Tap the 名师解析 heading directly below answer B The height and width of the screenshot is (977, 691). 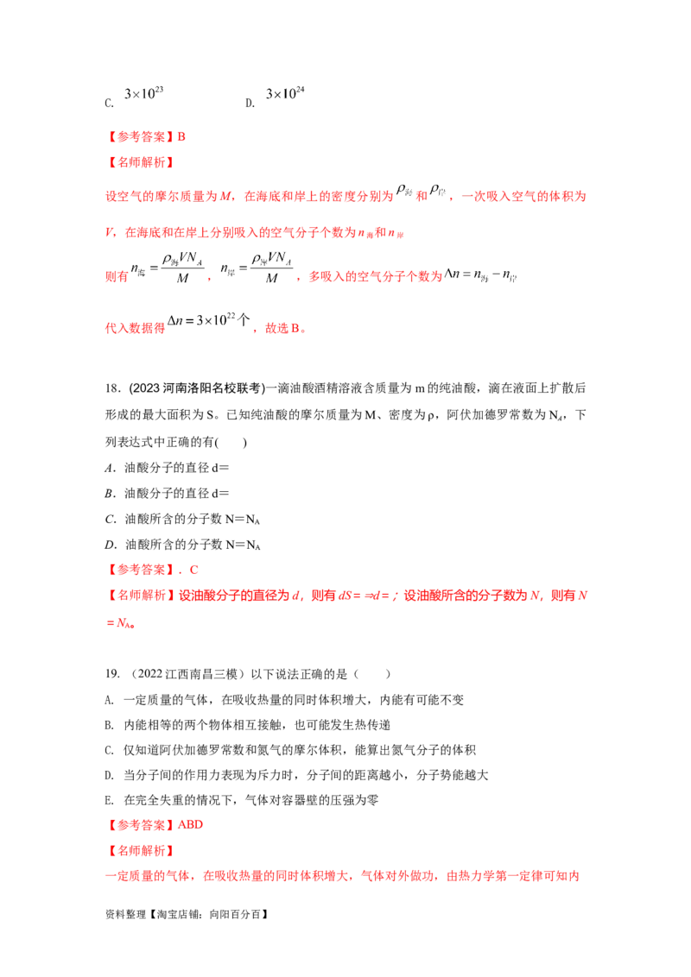[138, 161]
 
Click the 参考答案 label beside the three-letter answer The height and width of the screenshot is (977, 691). [138, 824]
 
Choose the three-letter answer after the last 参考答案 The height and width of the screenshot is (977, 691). [192, 824]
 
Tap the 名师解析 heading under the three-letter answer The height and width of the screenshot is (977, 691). [138, 850]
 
